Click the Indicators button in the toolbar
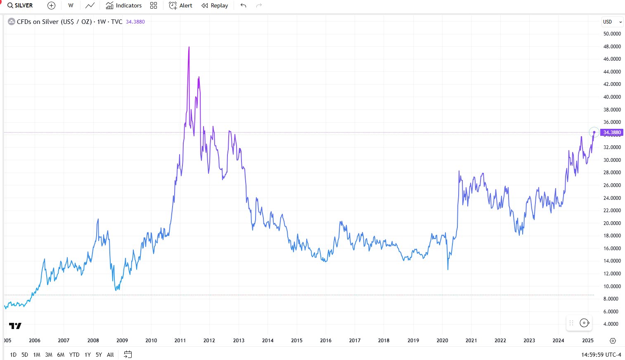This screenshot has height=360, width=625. [124, 5]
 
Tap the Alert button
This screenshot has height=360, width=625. [181, 5]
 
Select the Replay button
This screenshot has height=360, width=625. [215, 5]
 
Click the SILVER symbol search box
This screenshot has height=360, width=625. [20, 5]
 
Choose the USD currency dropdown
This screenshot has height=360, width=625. [612, 21]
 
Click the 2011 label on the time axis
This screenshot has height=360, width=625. [180, 341]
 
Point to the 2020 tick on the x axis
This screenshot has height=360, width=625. [442, 341]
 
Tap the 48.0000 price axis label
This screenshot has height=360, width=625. [612, 47]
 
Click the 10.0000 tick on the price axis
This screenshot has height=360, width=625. [612, 286]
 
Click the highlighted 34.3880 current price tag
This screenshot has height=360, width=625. [612, 133]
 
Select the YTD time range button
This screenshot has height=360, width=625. [74, 355]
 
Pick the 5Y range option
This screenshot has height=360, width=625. [99, 355]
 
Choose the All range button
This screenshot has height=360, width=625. [110, 355]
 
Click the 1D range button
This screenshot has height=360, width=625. [13, 355]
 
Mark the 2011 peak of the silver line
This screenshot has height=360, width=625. [189, 47]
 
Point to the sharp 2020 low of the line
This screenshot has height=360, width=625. [448, 270]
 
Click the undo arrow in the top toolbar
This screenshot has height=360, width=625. [243, 5]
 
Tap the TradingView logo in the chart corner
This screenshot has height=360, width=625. [15, 326]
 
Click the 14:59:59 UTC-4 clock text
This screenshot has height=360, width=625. [601, 355]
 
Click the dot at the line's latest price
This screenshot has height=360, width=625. [594, 132]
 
